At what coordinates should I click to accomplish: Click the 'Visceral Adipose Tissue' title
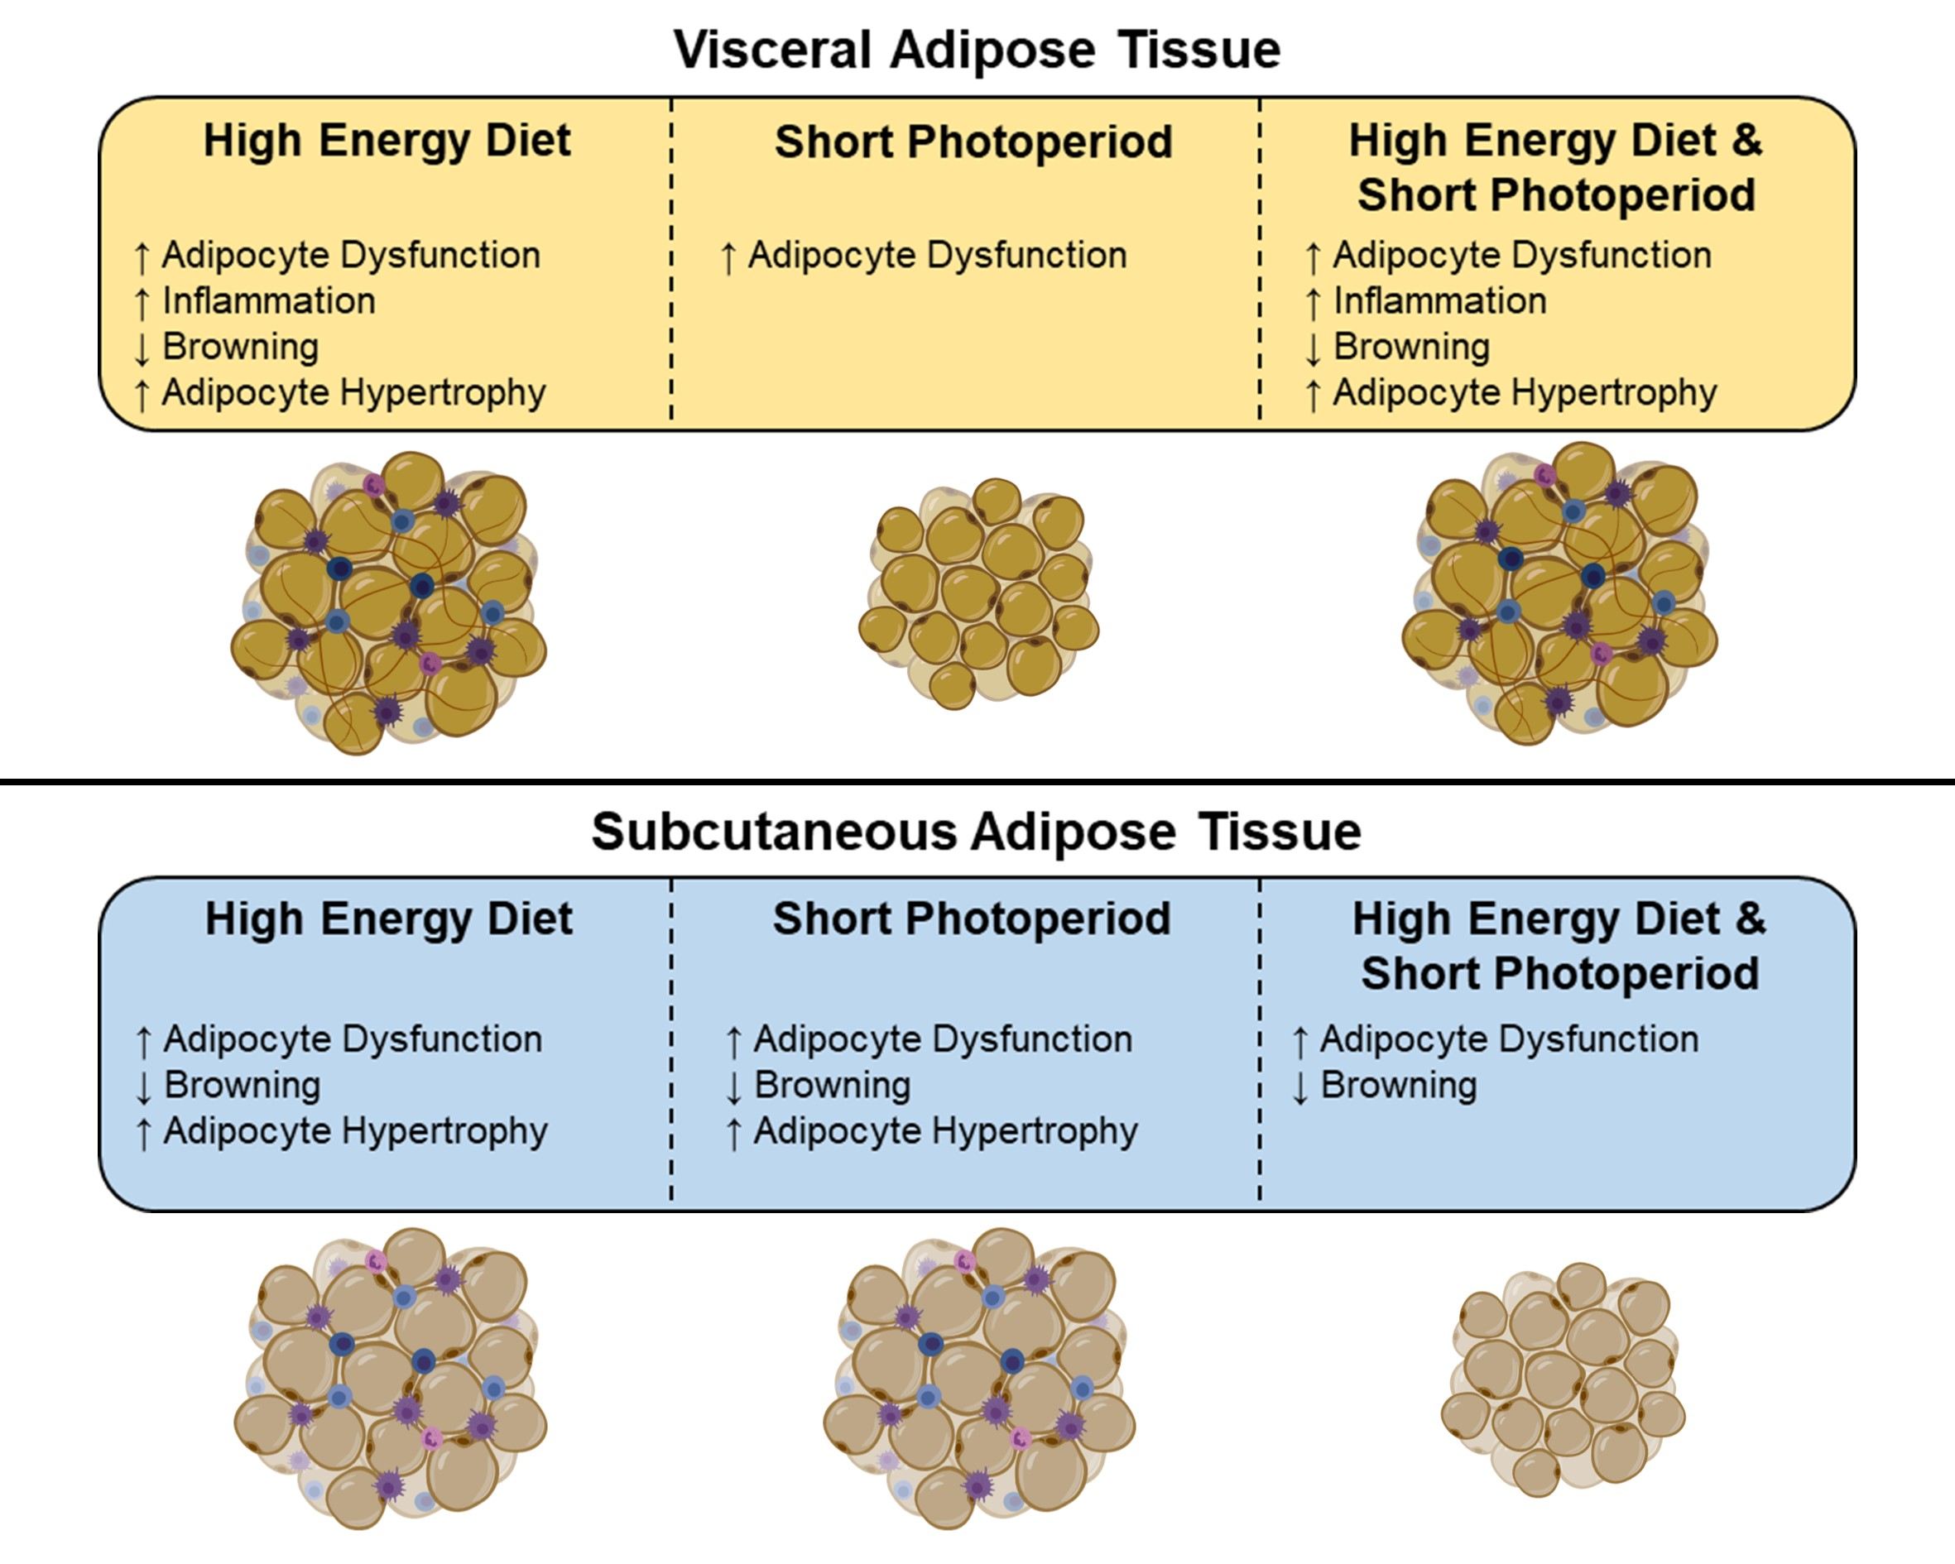pos(977,49)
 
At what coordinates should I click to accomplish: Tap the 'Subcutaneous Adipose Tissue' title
pos(977,831)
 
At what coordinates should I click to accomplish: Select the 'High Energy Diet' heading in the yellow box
pos(387,141)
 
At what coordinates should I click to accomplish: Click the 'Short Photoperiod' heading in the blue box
pos(971,919)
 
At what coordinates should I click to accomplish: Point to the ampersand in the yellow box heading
pos(1746,141)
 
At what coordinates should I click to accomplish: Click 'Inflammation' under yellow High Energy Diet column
pos(268,301)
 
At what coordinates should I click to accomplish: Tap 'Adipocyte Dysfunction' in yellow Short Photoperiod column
pos(937,256)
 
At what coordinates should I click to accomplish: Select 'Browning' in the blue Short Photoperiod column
pos(833,1085)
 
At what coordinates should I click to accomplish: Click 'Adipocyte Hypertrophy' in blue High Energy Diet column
pos(355,1131)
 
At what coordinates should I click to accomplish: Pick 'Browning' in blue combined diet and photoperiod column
pos(1398,1085)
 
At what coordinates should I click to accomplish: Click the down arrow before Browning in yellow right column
pos(1312,349)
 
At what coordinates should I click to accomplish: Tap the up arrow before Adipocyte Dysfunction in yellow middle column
pos(728,258)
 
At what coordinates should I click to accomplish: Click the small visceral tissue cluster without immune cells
pos(979,594)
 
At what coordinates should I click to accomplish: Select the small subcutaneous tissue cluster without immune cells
pos(1562,1378)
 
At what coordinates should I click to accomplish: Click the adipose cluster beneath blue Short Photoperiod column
pos(979,1378)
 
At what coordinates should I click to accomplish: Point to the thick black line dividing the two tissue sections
pos(978,780)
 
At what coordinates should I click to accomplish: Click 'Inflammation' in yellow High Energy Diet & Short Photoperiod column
pos(1439,301)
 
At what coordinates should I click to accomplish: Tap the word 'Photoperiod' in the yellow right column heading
pos(1622,195)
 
